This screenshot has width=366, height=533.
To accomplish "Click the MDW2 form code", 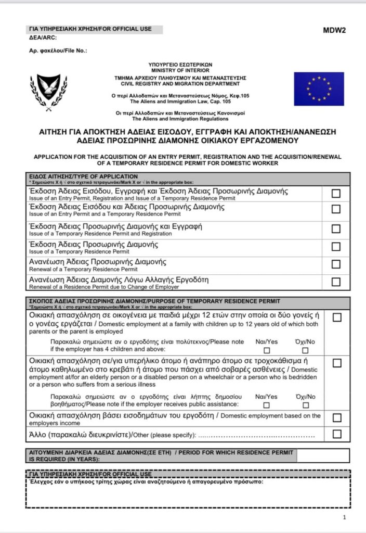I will point(334,30).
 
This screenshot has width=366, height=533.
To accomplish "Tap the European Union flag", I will point(319,89).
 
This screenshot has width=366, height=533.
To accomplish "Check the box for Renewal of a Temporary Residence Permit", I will point(336,264).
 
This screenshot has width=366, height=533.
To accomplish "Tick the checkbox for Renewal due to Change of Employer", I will point(336,282).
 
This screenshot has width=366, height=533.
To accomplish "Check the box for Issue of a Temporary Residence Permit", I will point(336,246).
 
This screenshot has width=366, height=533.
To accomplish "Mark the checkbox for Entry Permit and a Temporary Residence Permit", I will point(336,209).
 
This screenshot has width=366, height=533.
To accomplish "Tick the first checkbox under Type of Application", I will point(336,193).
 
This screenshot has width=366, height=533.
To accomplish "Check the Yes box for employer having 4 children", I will point(267,350).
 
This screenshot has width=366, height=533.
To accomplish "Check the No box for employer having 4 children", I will point(306,350).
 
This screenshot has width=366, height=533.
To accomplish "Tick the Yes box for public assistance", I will point(267,405).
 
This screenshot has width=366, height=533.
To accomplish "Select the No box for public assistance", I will point(306,405).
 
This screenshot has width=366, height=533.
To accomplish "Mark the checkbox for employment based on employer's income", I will point(337,418).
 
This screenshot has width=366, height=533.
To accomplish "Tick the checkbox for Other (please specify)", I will point(337,434).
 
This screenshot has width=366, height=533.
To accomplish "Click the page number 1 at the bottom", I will point(345,517).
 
